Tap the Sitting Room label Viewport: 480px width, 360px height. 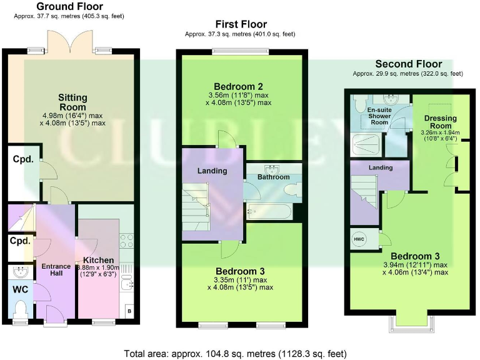[x=73, y=102]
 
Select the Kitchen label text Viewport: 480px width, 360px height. [x=99, y=260]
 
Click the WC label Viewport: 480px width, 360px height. [x=21, y=290]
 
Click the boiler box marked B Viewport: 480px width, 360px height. [x=129, y=311]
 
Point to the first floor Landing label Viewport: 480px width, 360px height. [x=212, y=171]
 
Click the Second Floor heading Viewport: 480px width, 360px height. [x=408, y=64]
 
